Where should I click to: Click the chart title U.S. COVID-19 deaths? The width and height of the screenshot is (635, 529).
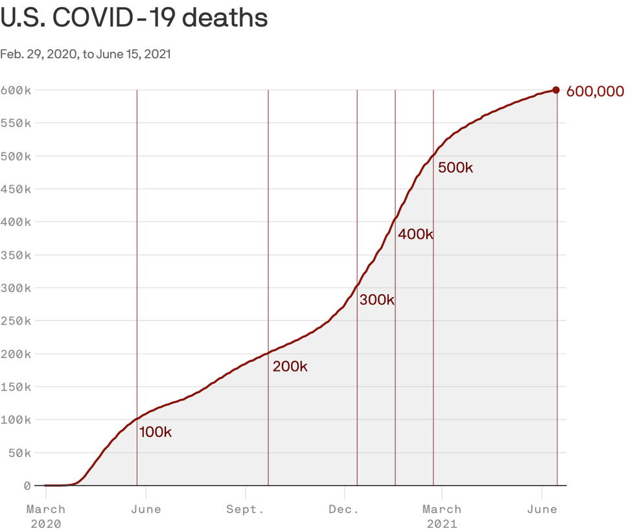[x=134, y=18]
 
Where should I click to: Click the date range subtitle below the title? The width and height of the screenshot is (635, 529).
[x=86, y=54]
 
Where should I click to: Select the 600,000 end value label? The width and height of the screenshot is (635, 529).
[x=595, y=91]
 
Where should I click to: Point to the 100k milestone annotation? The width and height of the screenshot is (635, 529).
[x=156, y=432]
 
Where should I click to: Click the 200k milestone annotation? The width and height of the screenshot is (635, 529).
[x=290, y=366]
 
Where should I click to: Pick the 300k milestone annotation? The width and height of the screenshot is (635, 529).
[x=376, y=300]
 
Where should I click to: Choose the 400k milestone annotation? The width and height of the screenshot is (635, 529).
[x=415, y=234]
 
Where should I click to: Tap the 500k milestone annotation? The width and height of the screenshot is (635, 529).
[x=456, y=168]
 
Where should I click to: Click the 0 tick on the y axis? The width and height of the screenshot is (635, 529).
[x=27, y=486]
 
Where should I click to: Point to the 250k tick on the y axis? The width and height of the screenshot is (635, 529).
[x=16, y=321]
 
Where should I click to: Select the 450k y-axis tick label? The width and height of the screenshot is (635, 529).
[x=16, y=189]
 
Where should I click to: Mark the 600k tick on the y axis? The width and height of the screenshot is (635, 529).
[x=16, y=90]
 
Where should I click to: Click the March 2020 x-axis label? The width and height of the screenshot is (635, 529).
[x=46, y=516]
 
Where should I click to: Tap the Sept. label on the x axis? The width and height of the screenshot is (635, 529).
[x=245, y=510]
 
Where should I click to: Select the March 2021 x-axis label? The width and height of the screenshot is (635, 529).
[x=442, y=516]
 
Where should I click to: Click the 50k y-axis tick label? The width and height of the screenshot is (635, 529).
[x=19, y=453]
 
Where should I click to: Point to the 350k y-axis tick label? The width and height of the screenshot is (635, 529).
[x=16, y=255]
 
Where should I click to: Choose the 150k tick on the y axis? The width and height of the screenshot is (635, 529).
[x=16, y=387]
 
